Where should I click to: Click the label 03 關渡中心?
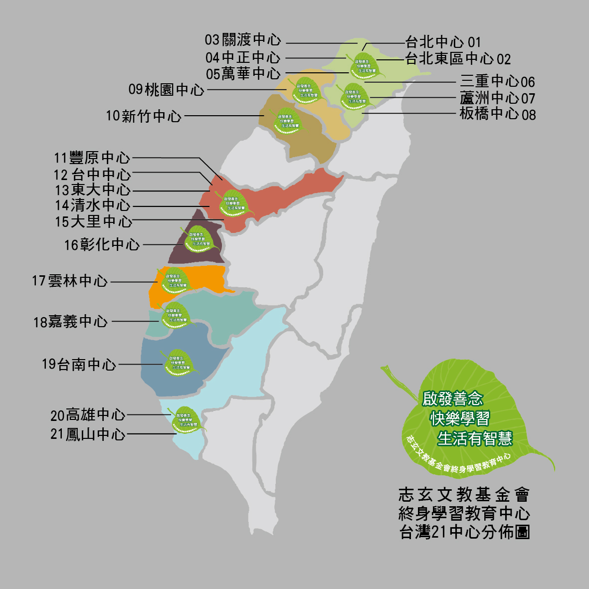(x=243, y=40)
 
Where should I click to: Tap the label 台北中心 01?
(x=443, y=42)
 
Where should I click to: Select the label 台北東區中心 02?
(x=458, y=59)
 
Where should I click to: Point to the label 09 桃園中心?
(x=167, y=90)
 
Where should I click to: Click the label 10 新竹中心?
(x=144, y=116)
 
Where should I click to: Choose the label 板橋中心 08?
(x=498, y=114)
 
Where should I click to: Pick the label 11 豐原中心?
(x=92, y=158)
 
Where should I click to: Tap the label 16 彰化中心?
(x=102, y=245)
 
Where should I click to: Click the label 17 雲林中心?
(x=70, y=281)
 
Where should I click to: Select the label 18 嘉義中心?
(x=70, y=322)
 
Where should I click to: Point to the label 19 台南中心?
(x=79, y=365)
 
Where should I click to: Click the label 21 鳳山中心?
(x=88, y=434)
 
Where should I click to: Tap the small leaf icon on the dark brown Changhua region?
(x=198, y=239)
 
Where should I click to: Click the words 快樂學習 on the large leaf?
(x=460, y=418)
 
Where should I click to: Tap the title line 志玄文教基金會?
(x=464, y=495)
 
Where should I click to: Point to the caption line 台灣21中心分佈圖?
(x=465, y=532)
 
